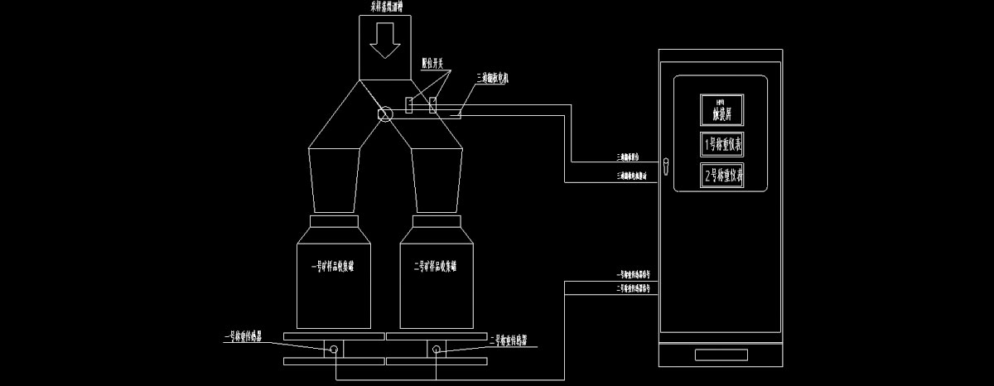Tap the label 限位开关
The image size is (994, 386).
tap(432, 61)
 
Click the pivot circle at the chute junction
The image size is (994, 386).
tap(385, 114)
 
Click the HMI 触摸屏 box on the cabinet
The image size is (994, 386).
tap(722, 109)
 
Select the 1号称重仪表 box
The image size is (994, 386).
tap(722, 144)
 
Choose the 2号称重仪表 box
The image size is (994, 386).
tap(722, 176)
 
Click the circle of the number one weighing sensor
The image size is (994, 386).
tap(333, 350)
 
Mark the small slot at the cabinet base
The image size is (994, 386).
tap(721, 355)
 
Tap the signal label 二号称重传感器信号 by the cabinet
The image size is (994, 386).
tap(637, 289)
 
